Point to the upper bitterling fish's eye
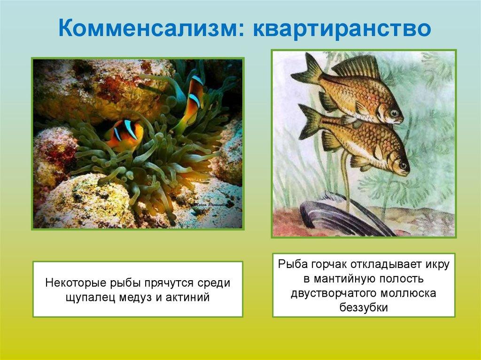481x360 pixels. [394, 113]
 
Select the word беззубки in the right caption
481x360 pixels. [364, 307]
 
